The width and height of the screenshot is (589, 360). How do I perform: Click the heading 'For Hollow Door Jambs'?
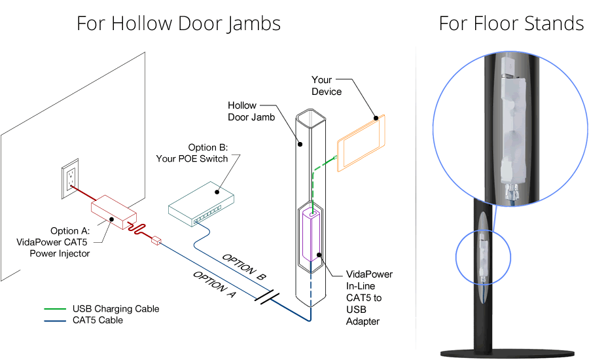178,24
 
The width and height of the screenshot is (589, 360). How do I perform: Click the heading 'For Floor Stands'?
511,24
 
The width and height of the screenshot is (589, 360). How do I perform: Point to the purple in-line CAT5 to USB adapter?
313,239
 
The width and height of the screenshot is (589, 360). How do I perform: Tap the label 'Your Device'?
327,86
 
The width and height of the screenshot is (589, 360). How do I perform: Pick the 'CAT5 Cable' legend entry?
98,320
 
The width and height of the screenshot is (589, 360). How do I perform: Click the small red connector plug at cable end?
155,241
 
